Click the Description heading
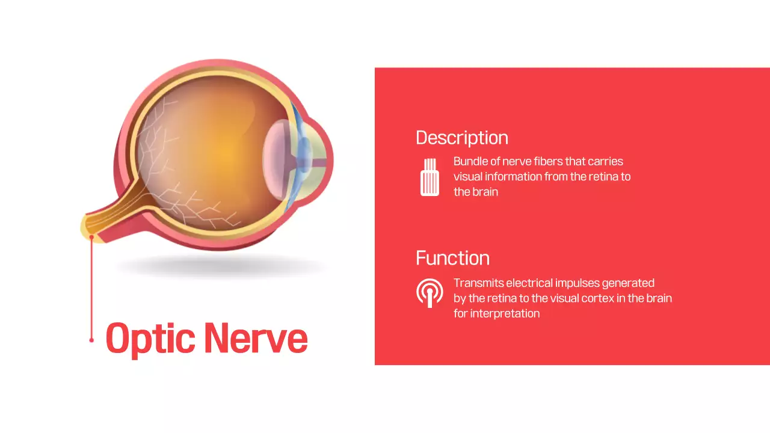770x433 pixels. [461, 138]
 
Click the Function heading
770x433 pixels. [452, 258]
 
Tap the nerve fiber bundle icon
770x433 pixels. [430, 177]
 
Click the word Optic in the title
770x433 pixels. [150, 338]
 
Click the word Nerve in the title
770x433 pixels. [256, 338]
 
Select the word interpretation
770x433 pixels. [505, 313]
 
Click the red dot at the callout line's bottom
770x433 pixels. [91, 340]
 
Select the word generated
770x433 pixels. [627, 283]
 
